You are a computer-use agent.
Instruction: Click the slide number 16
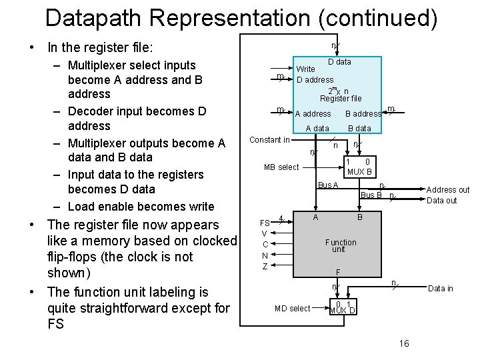[403, 343]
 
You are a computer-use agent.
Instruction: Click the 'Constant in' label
[269, 140]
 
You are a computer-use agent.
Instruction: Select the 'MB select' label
[281, 167]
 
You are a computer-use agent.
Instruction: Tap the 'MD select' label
[292, 308]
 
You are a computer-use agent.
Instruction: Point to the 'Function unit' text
[340, 245]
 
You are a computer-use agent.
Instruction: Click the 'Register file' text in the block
[340, 99]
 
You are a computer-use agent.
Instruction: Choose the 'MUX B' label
[359, 172]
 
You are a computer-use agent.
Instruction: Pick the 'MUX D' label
[343, 311]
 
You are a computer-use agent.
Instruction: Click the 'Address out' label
[448, 190]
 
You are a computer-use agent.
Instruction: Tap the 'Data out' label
[441, 200]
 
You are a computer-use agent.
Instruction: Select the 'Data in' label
[440, 289]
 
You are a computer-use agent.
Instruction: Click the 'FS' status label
[265, 223]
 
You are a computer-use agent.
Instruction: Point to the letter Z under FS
[265, 267]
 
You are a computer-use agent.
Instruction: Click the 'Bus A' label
[328, 185]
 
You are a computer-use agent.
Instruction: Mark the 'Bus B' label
[371, 195]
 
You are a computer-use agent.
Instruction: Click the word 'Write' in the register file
[305, 69]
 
